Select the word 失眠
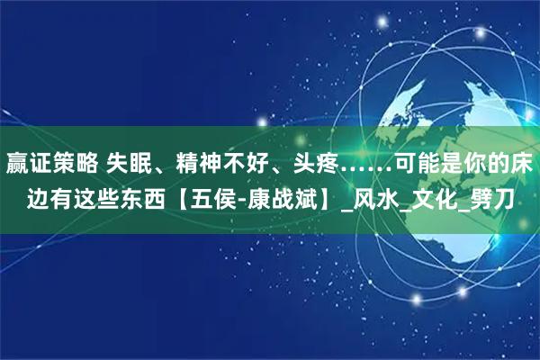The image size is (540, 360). pos(131,164)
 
